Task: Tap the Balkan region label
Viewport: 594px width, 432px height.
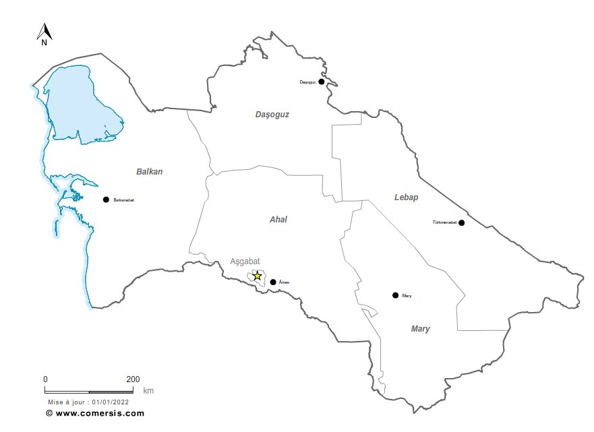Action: pos(149,172)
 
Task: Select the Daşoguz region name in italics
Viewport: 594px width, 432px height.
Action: pos(272,115)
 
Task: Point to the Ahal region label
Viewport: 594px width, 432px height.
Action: pos(278,220)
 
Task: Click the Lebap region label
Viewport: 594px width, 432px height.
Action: pos(407,197)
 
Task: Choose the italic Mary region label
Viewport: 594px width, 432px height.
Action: pos(420,329)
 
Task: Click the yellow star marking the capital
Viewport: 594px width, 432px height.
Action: pos(257,276)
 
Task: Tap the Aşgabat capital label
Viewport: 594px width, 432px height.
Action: pos(245,261)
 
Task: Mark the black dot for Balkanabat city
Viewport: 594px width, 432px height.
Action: pos(106,199)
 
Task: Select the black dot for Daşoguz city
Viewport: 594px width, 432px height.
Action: pos(322,82)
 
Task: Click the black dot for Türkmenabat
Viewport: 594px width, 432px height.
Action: pos(461,222)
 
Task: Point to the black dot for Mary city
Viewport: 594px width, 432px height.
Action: pos(395,295)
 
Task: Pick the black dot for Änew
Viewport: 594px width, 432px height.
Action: pos(272,282)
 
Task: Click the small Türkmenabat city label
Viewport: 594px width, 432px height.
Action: pos(444,222)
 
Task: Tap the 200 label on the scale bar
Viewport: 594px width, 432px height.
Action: pos(133,379)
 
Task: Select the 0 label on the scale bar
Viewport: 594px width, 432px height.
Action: pos(45,379)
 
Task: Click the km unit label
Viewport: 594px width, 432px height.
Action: pos(148,390)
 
